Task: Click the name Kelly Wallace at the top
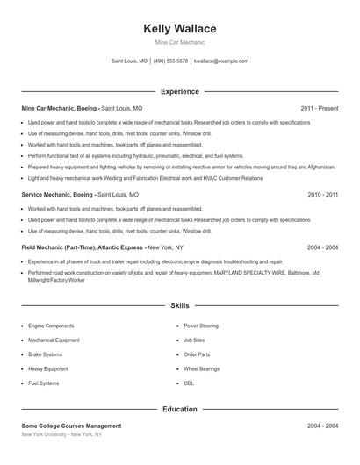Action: (179, 29)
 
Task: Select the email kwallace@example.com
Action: (221, 61)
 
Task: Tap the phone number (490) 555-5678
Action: (170, 61)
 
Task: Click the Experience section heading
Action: (179, 91)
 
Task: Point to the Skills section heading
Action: (179, 306)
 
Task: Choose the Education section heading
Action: (179, 409)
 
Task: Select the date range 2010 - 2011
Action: (322, 194)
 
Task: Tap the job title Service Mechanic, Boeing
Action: (57, 194)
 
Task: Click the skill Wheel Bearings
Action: (201, 368)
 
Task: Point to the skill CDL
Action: (189, 383)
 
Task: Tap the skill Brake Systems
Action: (46, 354)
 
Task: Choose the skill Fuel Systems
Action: (44, 383)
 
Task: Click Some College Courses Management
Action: (71, 426)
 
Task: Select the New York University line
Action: (61, 434)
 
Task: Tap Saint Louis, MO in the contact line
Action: (130, 61)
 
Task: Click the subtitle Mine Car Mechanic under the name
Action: (179, 42)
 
